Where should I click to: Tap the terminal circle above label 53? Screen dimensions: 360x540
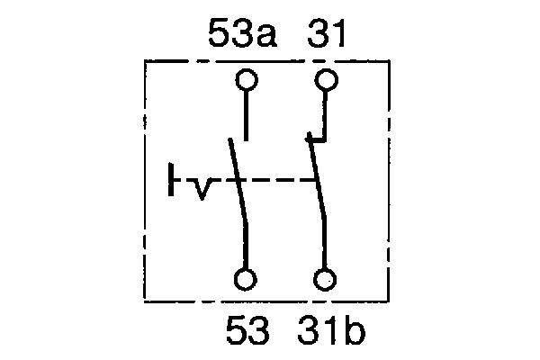[247, 279]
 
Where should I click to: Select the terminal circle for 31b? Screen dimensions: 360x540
[327, 279]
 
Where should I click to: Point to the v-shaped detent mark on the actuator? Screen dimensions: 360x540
[203, 188]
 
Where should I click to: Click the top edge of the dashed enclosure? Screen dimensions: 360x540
[270, 61]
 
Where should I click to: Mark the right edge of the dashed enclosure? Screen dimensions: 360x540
[390, 180]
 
